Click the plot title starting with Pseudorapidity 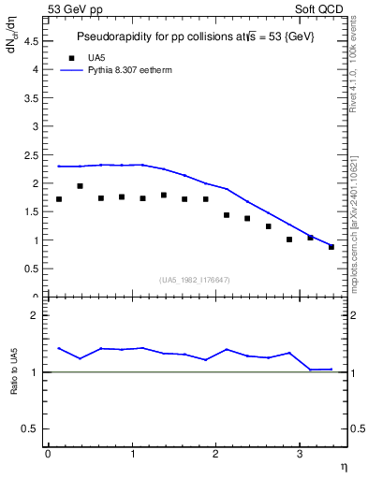[195, 36]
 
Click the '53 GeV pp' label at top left [75, 8]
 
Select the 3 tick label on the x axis [299, 454]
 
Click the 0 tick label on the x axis [48, 454]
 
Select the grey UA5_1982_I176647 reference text [196, 280]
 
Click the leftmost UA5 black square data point [59, 199]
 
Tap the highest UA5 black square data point [80, 186]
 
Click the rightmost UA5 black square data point [331, 247]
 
